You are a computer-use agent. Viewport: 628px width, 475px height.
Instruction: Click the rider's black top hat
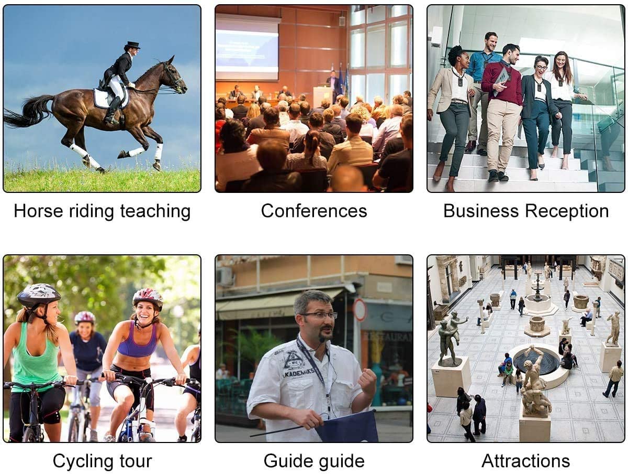tap(132, 45)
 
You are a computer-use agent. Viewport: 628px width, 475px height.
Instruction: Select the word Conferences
tap(314, 211)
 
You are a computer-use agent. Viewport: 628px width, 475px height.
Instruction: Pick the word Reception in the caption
tap(567, 211)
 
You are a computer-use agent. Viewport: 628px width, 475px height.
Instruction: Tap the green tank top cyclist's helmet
tap(39, 295)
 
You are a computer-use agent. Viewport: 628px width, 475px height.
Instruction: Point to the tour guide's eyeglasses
tap(319, 315)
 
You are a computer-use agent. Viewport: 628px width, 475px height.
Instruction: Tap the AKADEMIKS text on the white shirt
tap(298, 373)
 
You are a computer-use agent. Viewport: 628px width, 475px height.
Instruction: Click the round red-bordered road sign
tap(360, 309)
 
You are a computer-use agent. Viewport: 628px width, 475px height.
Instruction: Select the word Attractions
tap(525, 461)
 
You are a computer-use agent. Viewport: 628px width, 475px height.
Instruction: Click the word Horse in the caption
tap(38, 211)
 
